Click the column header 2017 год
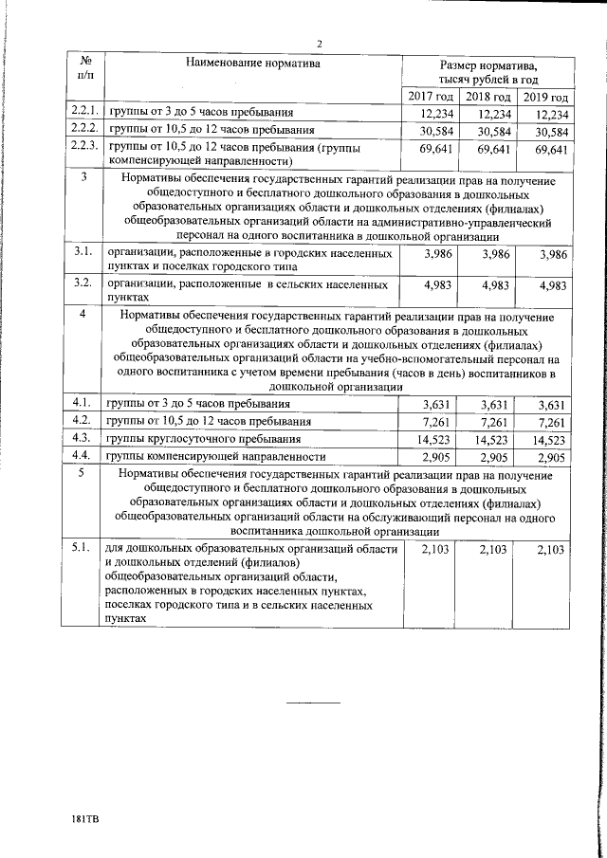pos(430,97)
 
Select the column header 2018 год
pos(488,97)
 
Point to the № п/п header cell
pos(83,65)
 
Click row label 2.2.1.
pos(83,113)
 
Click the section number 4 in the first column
pos(83,315)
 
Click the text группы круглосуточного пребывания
pos(203,440)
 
